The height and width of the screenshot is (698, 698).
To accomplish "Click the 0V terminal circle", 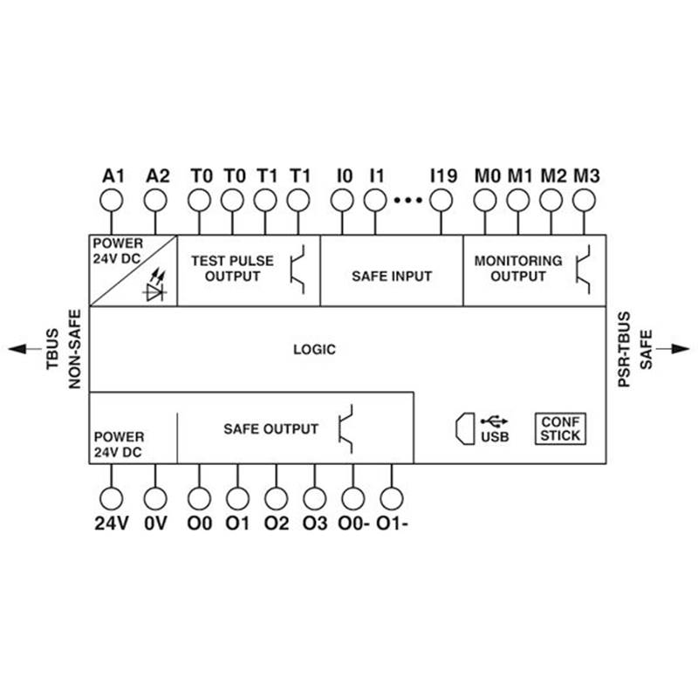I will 155,498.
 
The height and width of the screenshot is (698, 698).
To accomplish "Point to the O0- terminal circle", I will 352,498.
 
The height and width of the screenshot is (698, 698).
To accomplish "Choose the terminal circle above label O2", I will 277,498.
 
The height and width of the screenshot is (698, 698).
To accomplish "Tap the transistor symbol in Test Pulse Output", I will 298,269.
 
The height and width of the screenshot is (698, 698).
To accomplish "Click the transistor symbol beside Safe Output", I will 346,428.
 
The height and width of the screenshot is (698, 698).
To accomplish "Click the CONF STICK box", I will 558,428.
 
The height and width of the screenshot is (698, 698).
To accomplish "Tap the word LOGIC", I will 313,349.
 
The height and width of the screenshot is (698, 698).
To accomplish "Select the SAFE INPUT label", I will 392,276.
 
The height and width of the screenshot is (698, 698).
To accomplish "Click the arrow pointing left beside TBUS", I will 19,349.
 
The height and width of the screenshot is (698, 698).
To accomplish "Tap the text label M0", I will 487,175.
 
